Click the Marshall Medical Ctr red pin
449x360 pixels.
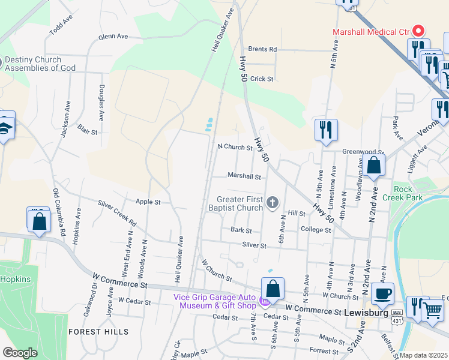pyautogui.click(x=420, y=31)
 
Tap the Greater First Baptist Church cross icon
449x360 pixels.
pyautogui.click(x=273, y=203)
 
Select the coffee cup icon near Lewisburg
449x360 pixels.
pyautogui.click(x=382, y=293)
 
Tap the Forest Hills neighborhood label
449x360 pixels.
pyautogui.click(x=98, y=331)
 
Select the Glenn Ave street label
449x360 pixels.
pyautogui.click(x=113, y=37)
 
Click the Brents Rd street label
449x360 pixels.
pyautogui.click(x=262, y=49)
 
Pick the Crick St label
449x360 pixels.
pyautogui.click(x=262, y=79)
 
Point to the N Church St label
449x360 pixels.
pyautogui.click(x=235, y=147)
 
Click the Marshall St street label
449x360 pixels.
pyautogui.click(x=244, y=177)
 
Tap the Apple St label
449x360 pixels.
pyautogui.click(x=148, y=202)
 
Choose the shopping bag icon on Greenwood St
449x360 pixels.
pyautogui.click(x=373, y=165)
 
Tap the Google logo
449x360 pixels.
pyautogui.click(x=20, y=353)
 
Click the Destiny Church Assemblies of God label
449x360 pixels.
pyautogui.click(x=40, y=64)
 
